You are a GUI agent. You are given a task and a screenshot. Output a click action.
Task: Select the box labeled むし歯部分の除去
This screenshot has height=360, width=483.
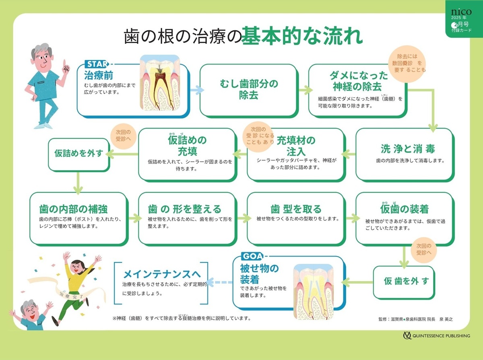(x=249, y=90)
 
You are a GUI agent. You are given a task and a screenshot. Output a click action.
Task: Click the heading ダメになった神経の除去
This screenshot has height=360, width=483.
(x=359, y=81)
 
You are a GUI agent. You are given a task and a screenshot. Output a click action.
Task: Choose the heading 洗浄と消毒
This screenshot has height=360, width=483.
(x=408, y=149)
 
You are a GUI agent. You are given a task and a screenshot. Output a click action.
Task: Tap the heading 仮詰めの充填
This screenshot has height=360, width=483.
(x=187, y=146)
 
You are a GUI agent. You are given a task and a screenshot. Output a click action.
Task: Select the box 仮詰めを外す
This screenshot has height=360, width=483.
(x=79, y=154)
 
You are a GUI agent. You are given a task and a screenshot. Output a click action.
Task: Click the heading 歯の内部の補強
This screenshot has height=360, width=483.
(x=73, y=209)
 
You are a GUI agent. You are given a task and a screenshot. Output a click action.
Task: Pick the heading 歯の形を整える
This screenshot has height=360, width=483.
(x=185, y=209)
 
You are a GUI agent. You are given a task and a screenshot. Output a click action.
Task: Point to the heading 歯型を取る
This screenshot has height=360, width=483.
(x=296, y=209)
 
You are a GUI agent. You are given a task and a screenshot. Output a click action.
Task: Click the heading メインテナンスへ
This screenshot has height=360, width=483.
(x=162, y=274)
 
